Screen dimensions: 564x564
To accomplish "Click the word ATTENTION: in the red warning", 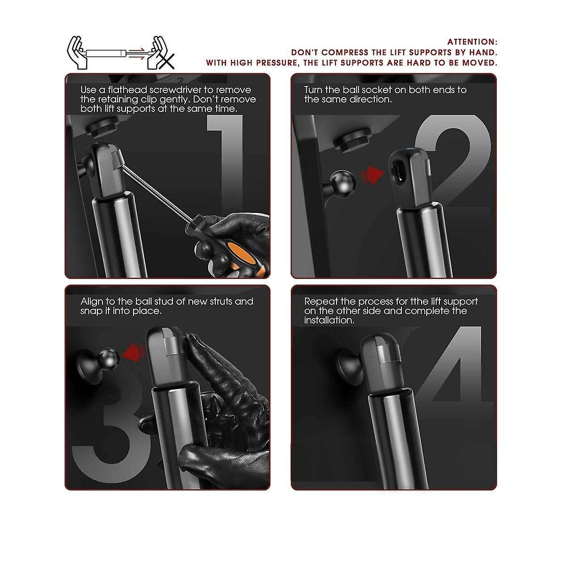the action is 472,42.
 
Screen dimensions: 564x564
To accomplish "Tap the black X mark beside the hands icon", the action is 166,62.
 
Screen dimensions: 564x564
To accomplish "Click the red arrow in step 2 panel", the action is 373,174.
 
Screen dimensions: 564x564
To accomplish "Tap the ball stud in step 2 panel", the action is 343,183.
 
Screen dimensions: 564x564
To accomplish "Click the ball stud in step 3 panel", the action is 110,357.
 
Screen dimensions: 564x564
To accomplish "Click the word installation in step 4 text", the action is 329,320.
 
